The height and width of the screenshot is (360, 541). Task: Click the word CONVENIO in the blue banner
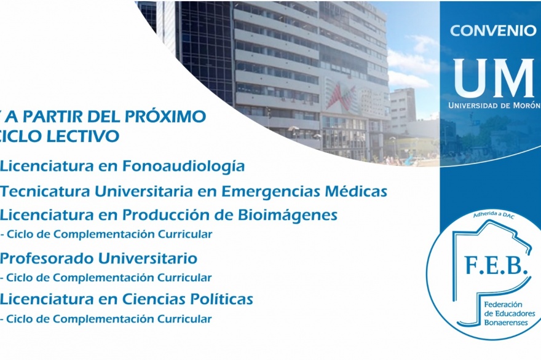(x=493, y=31)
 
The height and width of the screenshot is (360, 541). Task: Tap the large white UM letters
(x=494, y=78)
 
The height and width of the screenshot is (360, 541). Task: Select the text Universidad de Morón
(x=494, y=105)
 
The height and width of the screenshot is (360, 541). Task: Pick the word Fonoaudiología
(x=184, y=166)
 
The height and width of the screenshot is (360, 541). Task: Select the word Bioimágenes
(x=288, y=215)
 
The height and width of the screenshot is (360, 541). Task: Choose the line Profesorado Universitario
(x=98, y=258)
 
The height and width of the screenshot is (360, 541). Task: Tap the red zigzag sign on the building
(x=341, y=96)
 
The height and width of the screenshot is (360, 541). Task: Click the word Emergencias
(x=266, y=192)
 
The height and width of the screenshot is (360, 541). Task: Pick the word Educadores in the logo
(x=515, y=314)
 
